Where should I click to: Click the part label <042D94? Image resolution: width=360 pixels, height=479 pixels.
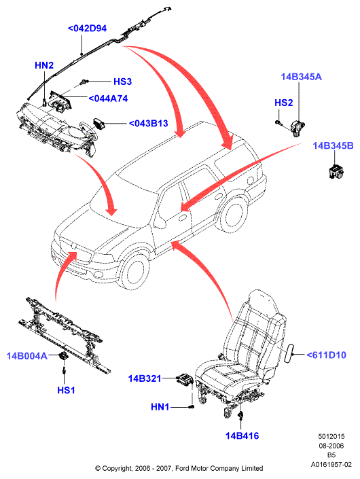click(88, 29)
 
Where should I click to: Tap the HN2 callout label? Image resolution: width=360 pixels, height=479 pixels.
click(44, 65)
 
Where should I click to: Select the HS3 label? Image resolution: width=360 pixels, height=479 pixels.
click(122, 82)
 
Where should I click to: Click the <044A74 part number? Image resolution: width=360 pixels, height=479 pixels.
click(108, 99)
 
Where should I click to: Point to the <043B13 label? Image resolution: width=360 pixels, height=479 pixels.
click(149, 124)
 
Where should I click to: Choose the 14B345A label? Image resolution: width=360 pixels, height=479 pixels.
click(302, 77)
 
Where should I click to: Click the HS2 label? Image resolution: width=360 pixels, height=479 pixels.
click(284, 103)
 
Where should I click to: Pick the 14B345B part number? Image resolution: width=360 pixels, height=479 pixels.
click(333, 145)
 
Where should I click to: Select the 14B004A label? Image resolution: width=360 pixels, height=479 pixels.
click(27, 356)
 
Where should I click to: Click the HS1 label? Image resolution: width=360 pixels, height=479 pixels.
click(66, 390)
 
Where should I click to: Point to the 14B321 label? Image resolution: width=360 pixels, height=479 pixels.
click(145, 378)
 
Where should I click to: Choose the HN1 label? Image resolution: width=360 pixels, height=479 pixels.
click(160, 407)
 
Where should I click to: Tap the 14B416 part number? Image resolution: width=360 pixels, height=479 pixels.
click(242, 436)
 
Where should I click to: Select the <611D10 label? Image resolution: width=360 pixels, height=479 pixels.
click(327, 355)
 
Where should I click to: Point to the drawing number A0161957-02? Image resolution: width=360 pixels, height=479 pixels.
click(331, 465)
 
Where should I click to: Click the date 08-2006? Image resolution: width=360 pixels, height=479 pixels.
click(331, 446)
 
